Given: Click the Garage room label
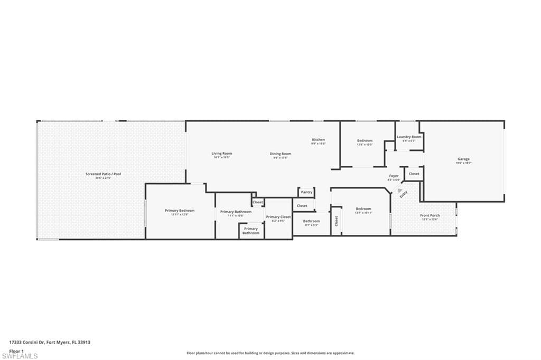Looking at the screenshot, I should [x=463, y=159].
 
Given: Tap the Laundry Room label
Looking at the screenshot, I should [x=409, y=137].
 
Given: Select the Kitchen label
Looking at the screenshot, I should [x=318, y=139].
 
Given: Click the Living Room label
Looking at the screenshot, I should [x=222, y=154].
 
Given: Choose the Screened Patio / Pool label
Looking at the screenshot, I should [x=100, y=174].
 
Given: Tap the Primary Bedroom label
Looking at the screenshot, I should [x=180, y=211].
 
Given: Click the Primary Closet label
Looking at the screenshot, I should [x=278, y=217].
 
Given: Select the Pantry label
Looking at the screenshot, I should [x=306, y=192].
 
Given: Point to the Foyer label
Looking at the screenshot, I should [x=394, y=176].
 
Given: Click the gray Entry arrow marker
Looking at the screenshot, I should [x=400, y=190].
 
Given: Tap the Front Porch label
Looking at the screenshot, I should [x=430, y=215].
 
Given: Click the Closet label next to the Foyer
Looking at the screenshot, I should [x=414, y=174].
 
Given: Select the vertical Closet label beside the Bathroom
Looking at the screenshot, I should [x=336, y=221].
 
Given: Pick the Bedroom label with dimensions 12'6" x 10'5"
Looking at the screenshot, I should [x=365, y=140].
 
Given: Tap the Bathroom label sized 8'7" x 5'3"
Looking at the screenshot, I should [x=311, y=221].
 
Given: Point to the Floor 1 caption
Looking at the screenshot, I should [x=16, y=350].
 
